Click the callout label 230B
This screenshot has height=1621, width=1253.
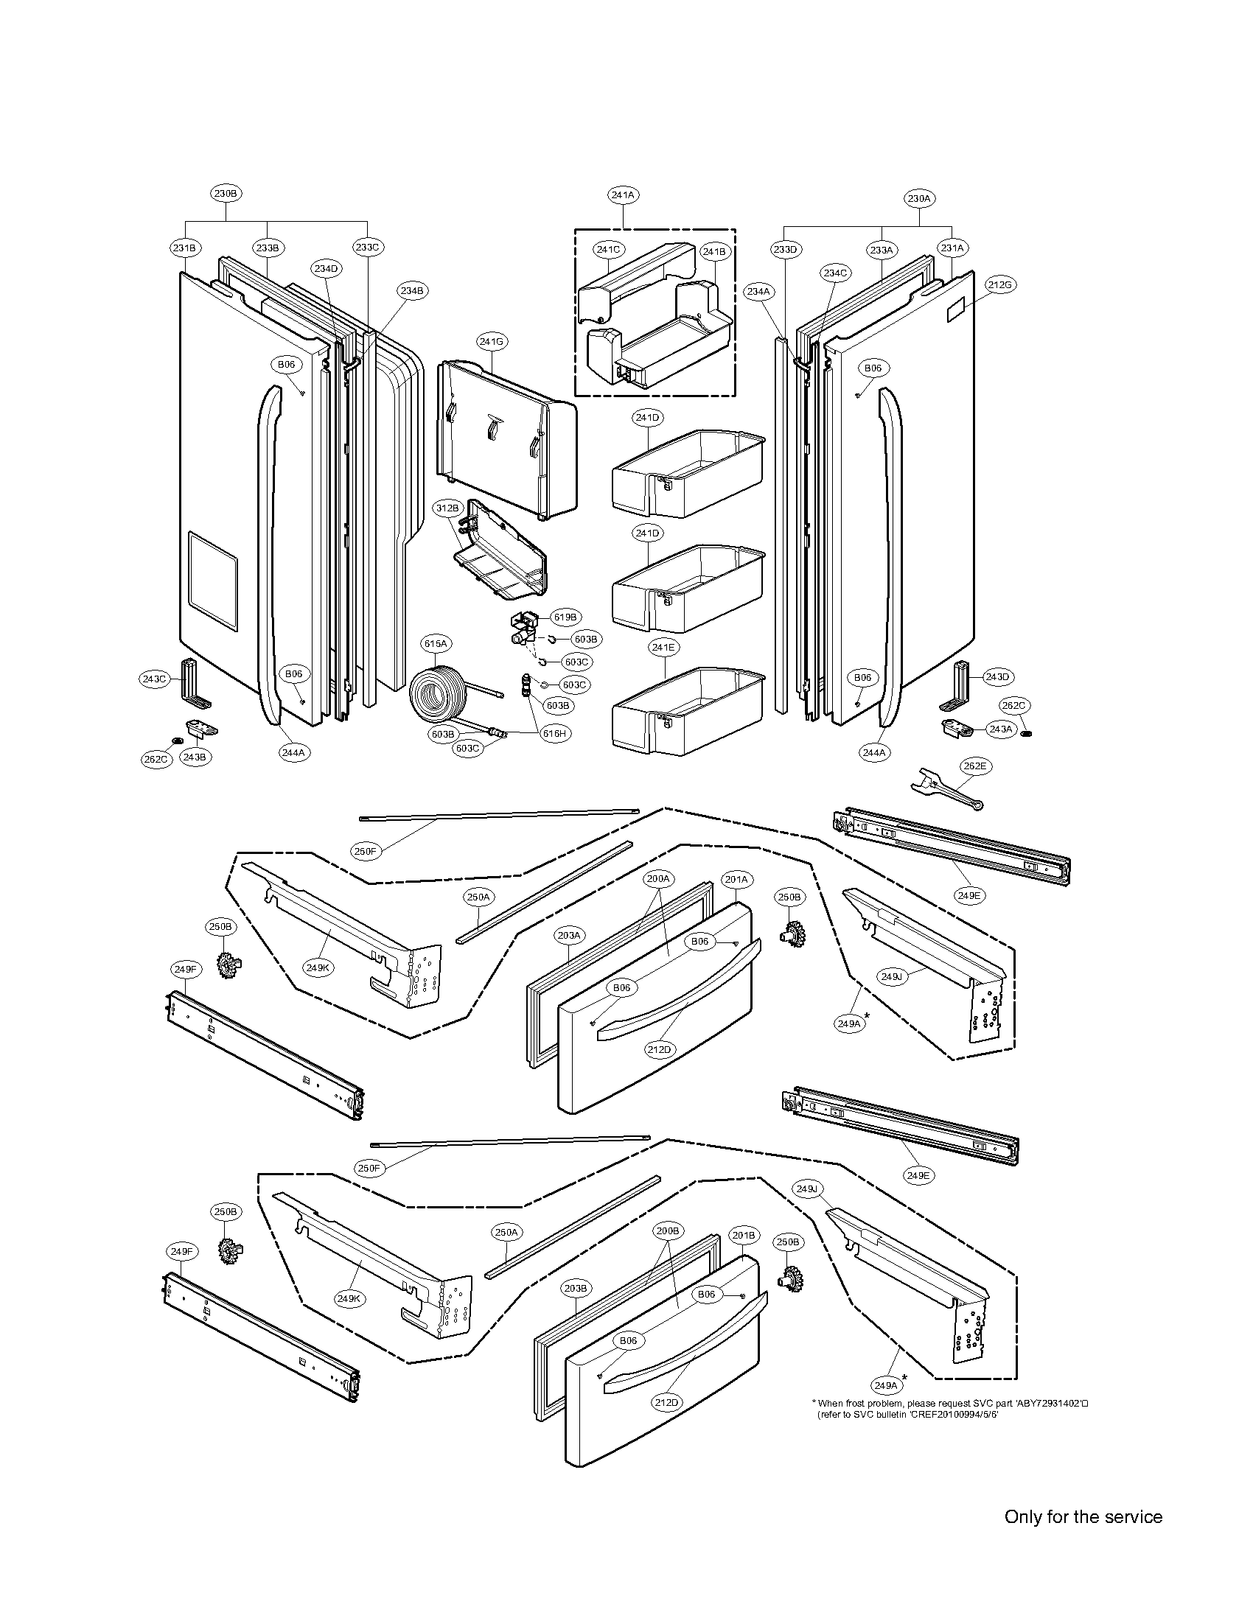pos(226,193)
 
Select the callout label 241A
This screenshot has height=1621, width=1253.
pos(623,195)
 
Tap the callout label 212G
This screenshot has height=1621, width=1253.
pos(1000,285)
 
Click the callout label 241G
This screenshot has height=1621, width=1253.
pos(492,341)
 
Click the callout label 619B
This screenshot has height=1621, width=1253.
pos(565,617)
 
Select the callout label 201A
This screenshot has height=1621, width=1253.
pos(736,879)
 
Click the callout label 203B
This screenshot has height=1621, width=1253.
pos(576,1289)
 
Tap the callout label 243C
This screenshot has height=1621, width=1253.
pos(155,679)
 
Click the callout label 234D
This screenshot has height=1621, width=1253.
pos(326,269)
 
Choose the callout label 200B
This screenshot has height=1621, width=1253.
pos(667,1230)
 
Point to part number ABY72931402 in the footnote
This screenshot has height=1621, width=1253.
pos(1049,1403)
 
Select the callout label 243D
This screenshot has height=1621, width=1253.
pos(999,677)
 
